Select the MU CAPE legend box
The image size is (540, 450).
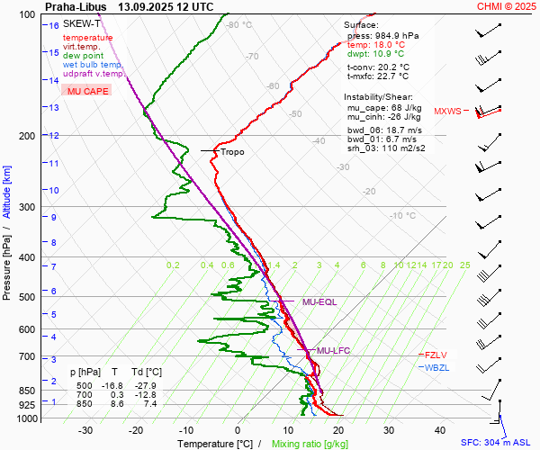click(85, 92)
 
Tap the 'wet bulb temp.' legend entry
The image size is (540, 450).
click(93, 65)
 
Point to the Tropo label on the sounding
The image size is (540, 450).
click(232, 152)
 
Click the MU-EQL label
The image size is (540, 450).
click(319, 302)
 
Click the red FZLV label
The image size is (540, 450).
click(436, 355)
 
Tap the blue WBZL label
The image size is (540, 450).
click(436, 367)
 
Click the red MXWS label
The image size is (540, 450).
click(447, 112)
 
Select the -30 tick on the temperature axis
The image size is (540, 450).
click(85, 430)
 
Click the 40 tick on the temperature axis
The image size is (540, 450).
click(440, 430)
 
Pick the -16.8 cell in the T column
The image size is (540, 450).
click(112, 385)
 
